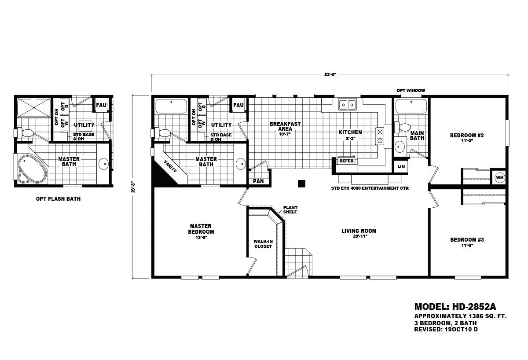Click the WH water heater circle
click(499, 177)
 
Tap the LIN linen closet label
click(400, 167)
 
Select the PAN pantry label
click(258, 181)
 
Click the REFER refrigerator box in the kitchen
click(346, 161)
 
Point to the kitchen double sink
click(347, 105)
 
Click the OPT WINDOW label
click(411, 90)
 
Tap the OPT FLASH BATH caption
click(58, 199)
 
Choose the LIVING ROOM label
click(359, 231)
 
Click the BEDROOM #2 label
click(466, 136)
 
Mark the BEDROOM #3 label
click(467, 240)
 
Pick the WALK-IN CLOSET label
click(263, 244)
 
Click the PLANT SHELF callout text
click(290, 209)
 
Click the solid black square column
click(301, 184)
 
